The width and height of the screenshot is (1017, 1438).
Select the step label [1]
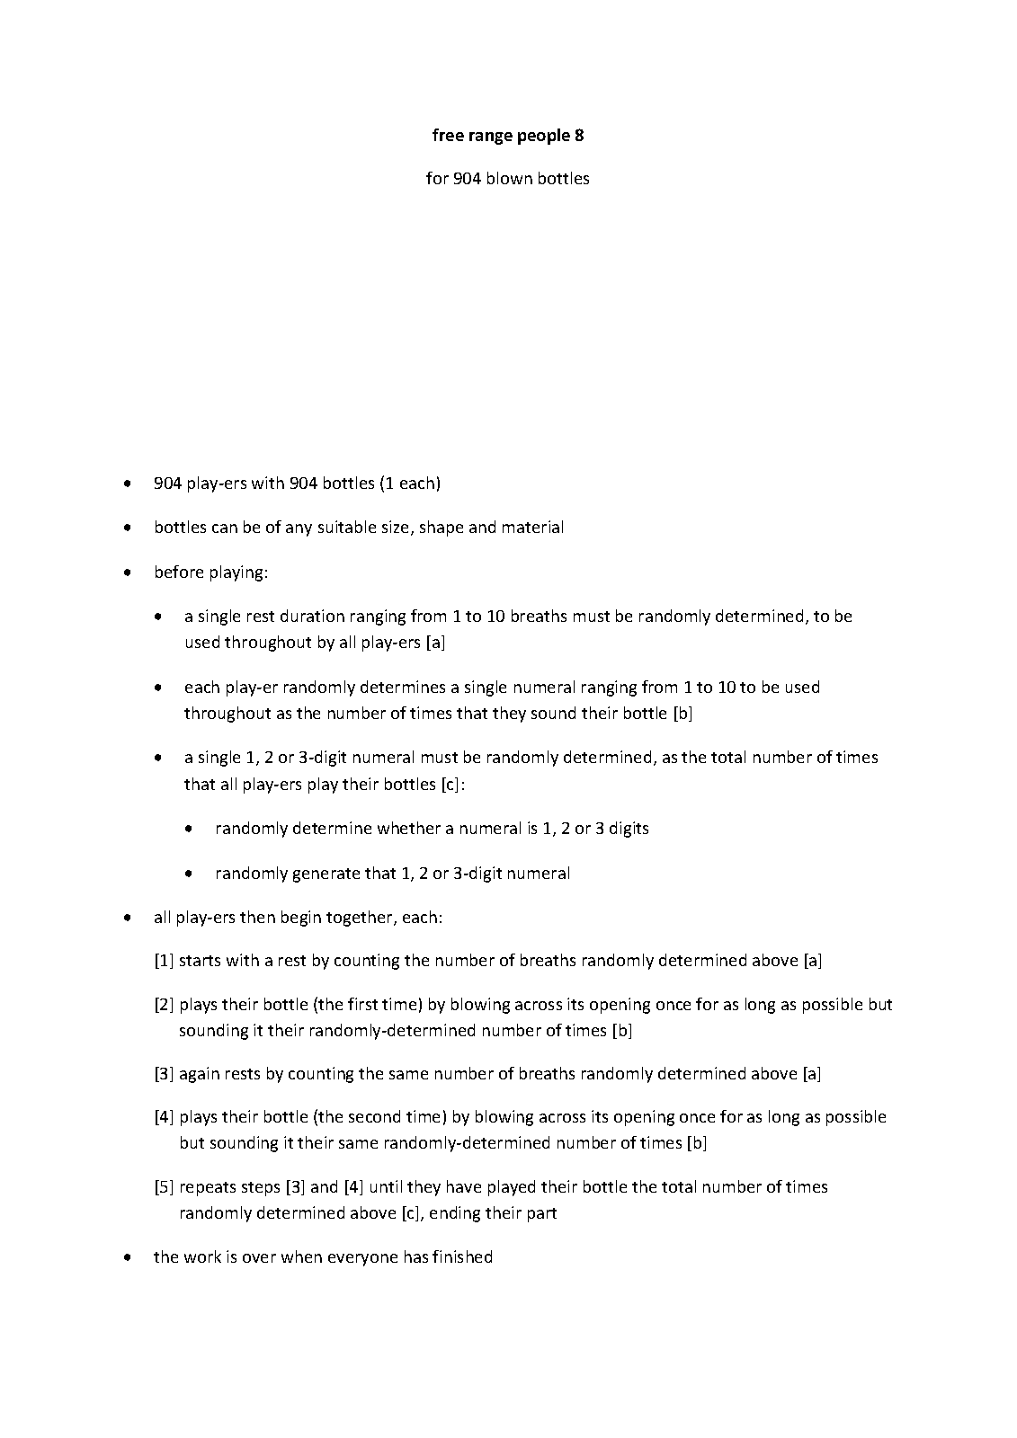click(x=164, y=961)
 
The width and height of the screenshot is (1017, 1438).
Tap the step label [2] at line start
click(x=164, y=1005)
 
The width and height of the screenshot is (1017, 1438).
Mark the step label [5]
click(x=164, y=1187)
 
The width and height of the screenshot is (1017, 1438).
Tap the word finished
click(x=462, y=1257)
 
